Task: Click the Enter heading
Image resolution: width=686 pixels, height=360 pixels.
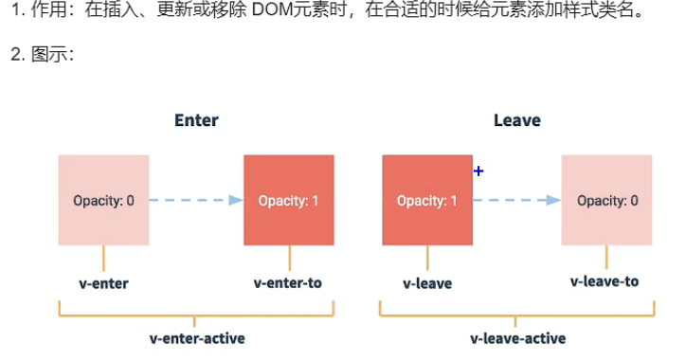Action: point(196,120)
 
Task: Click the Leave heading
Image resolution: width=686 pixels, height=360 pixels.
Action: point(517,120)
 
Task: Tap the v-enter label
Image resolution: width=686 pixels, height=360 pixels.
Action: point(103,283)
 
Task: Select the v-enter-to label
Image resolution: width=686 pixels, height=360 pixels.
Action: point(288,283)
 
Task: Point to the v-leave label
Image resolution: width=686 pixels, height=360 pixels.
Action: point(427,283)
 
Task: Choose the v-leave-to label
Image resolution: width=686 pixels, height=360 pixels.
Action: point(605,281)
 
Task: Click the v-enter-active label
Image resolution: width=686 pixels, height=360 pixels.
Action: point(197,338)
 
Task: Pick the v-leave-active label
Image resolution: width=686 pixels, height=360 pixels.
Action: point(518,338)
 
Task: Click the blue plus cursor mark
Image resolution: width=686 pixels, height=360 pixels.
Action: point(478,171)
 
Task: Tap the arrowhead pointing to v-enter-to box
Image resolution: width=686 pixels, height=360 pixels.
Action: point(236,200)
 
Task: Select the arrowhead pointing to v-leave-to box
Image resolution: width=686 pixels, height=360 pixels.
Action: point(553,200)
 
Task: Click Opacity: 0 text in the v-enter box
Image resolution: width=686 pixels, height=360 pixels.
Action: point(103,201)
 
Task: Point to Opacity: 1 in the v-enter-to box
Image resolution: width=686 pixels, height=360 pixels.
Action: point(288,201)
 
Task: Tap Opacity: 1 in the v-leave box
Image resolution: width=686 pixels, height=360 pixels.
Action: point(427,201)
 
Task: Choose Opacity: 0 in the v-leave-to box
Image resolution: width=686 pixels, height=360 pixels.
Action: point(607,201)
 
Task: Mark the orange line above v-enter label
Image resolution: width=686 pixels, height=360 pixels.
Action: point(103,258)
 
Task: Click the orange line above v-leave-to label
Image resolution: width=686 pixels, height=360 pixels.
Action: point(606,257)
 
